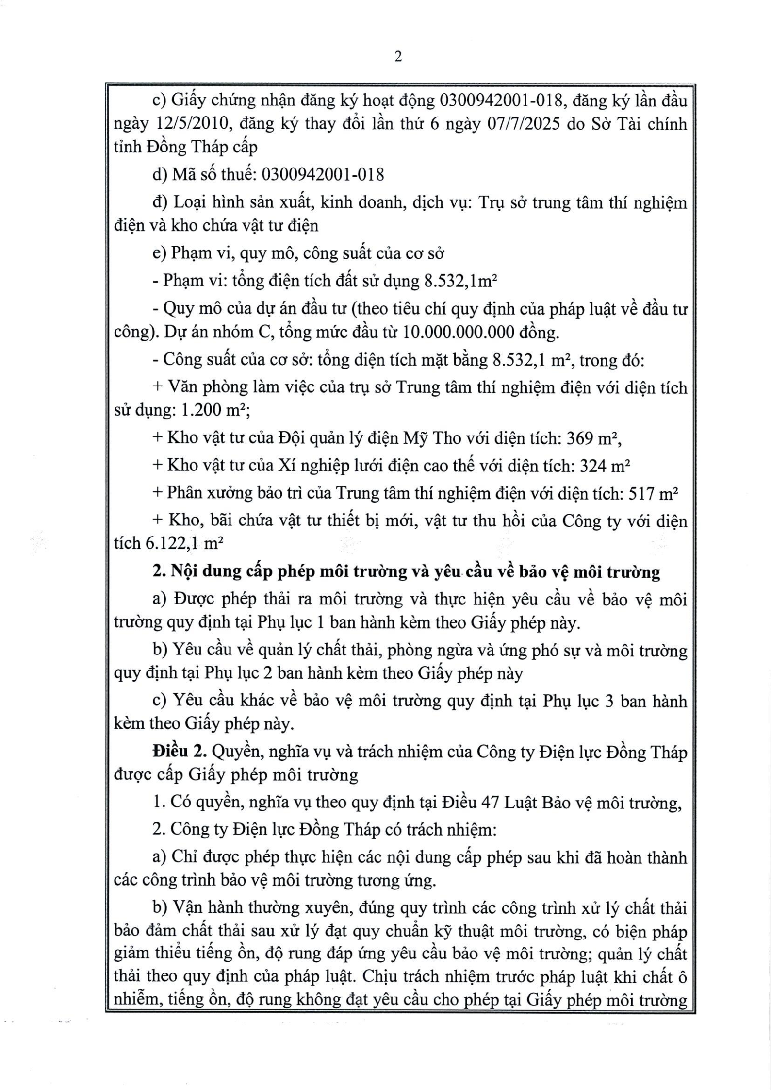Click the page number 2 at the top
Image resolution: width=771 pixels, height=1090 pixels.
(x=398, y=57)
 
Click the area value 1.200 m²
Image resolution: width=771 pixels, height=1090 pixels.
(x=215, y=411)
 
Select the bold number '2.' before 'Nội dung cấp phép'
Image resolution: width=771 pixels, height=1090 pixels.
(x=159, y=572)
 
